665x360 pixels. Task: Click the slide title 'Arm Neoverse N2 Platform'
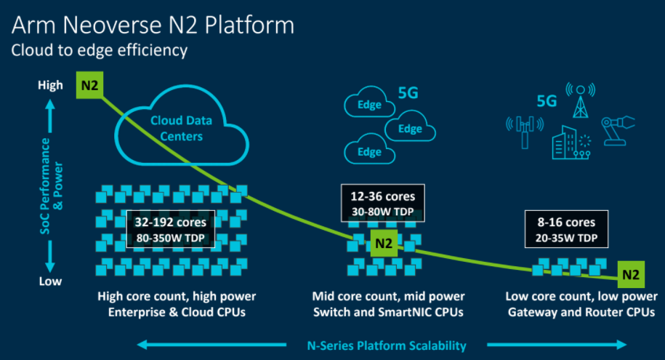click(153, 25)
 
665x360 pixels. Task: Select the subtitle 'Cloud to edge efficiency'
click(100, 50)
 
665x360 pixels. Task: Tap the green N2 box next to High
click(89, 85)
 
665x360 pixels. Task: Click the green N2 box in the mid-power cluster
click(384, 243)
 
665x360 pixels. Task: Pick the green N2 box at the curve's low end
click(631, 275)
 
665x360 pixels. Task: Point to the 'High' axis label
click(50, 85)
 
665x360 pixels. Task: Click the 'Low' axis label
click(50, 281)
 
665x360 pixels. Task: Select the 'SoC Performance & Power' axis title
click(52, 186)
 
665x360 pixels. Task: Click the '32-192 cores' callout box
click(171, 229)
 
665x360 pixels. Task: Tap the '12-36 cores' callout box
click(383, 203)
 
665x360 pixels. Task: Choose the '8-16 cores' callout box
click(566, 229)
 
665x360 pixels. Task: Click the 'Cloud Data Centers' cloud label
click(182, 128)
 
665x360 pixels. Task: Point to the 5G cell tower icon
click(581, 101)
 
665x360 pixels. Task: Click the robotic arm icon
click(618, 131)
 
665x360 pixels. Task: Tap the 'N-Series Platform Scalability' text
click(387, 345)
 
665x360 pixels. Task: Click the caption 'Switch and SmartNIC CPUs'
click(388, 312)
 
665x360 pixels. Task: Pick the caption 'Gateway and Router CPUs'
click(581, 313)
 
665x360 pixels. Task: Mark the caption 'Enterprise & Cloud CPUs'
click(177, 312)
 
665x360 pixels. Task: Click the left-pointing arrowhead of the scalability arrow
click(142, 345)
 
